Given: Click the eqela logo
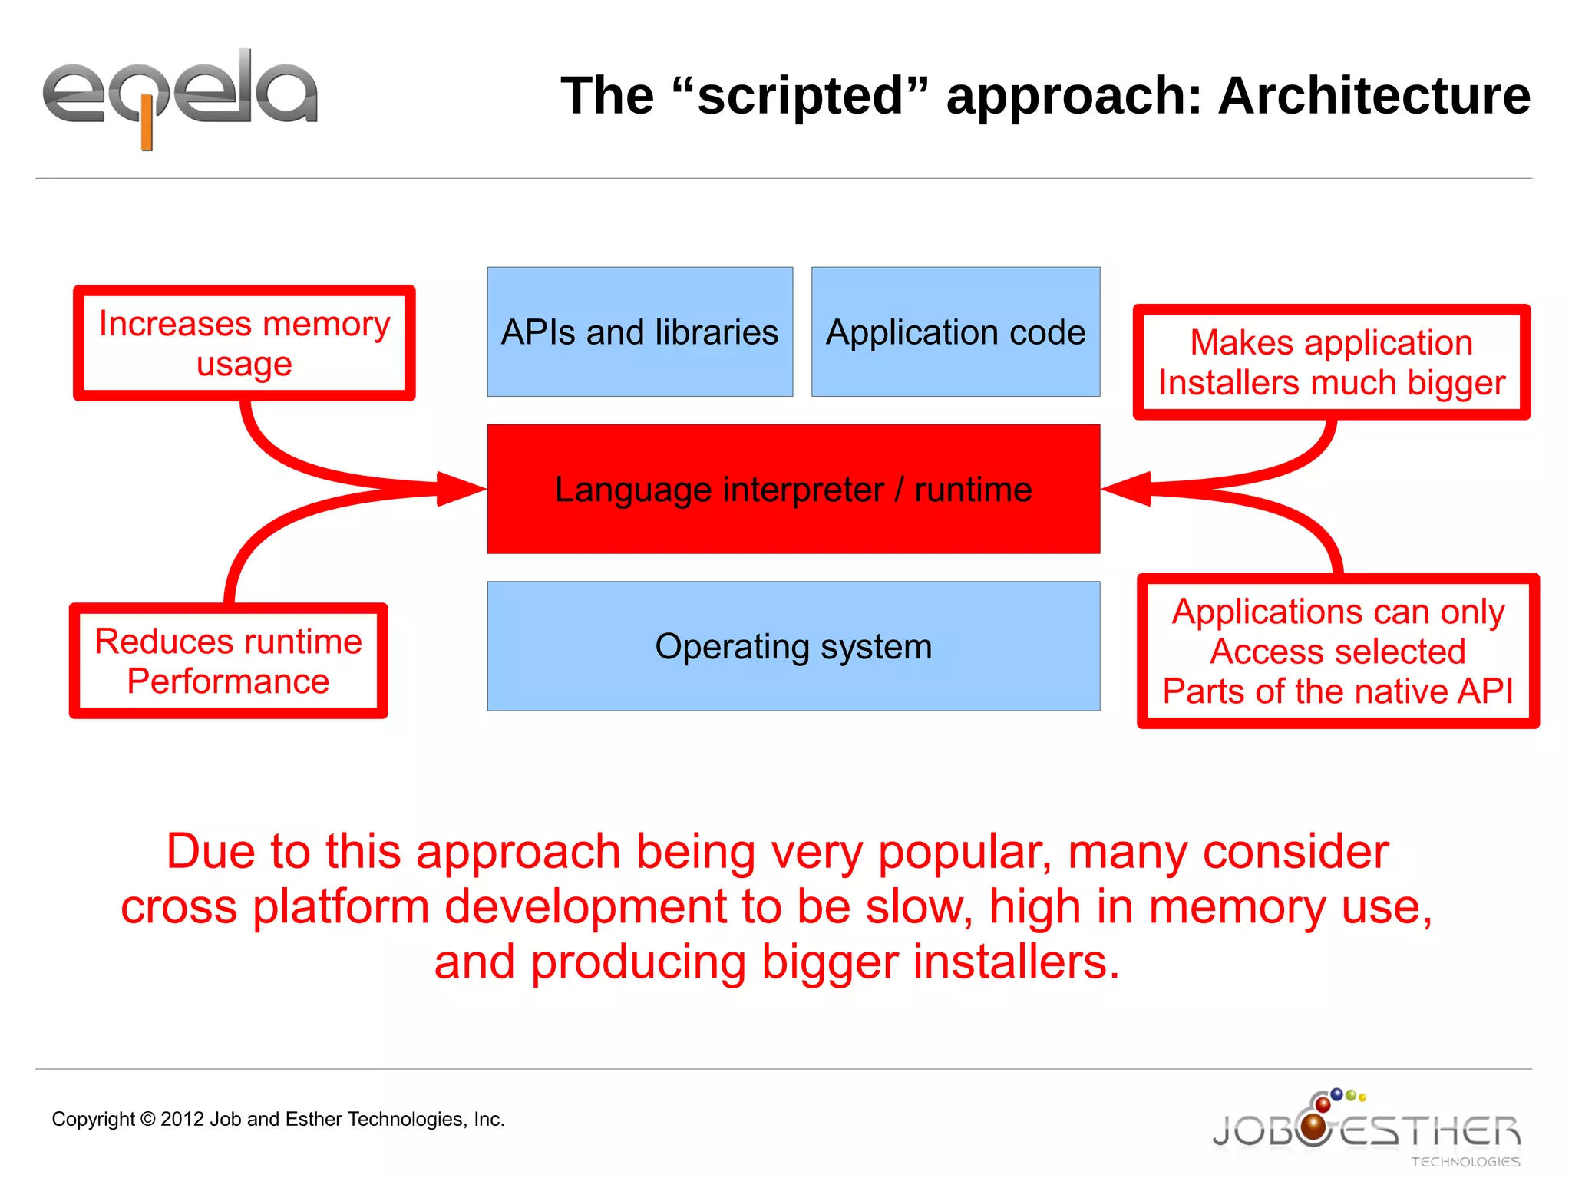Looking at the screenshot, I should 180,96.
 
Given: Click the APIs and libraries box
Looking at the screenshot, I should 639,332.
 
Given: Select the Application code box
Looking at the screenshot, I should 956,332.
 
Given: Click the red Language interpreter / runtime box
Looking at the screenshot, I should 793,489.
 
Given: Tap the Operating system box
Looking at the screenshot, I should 793,646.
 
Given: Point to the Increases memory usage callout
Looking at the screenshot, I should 244,343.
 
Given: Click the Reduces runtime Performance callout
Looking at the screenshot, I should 228,661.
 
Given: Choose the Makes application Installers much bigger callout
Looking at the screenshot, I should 1331,362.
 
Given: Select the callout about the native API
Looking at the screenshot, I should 1337,651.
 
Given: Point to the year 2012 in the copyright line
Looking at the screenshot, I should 182,1119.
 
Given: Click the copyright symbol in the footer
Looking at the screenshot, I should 147,1119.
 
